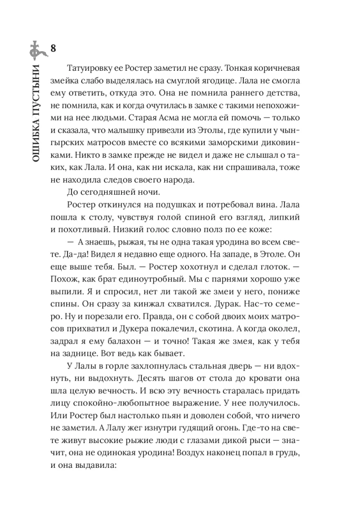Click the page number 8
(x=52, y=49)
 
